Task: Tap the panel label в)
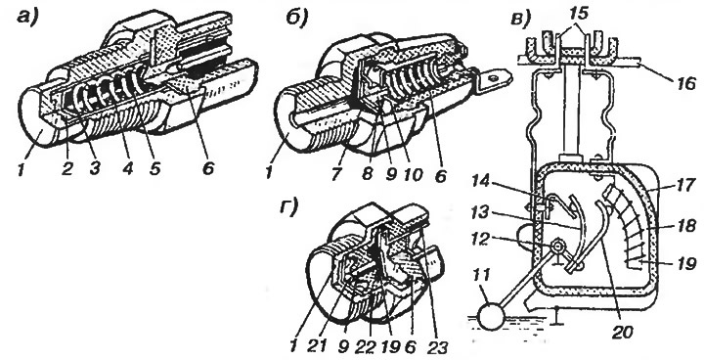pos(521,20)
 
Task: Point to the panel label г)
pos(288,208)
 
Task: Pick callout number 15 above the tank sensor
pos(579,14)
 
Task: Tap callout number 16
pos(685,83)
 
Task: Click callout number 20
pos(622,332)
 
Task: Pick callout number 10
pos(413,173)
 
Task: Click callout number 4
pos(128,168)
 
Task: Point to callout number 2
pos(66,168)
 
